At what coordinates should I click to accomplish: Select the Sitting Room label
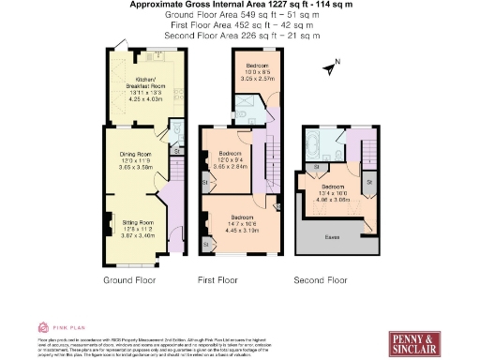coord(137,228)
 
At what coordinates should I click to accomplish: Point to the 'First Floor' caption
coord(221,280)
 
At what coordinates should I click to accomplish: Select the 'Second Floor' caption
coord(320,280)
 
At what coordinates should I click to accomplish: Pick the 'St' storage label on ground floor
coord(176,151)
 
